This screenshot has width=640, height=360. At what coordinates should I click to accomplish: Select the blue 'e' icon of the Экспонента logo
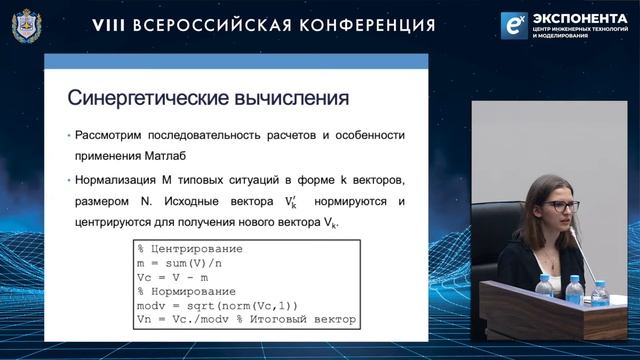click(515, 25)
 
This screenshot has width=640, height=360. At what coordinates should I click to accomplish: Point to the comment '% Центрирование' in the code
click(190, 247)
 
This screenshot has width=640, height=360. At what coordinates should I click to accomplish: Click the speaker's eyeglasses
click(562, 206)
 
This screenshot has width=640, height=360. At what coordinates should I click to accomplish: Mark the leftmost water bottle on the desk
click(544, 288)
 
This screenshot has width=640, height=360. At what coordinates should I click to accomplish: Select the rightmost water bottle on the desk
click(600, 291)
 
